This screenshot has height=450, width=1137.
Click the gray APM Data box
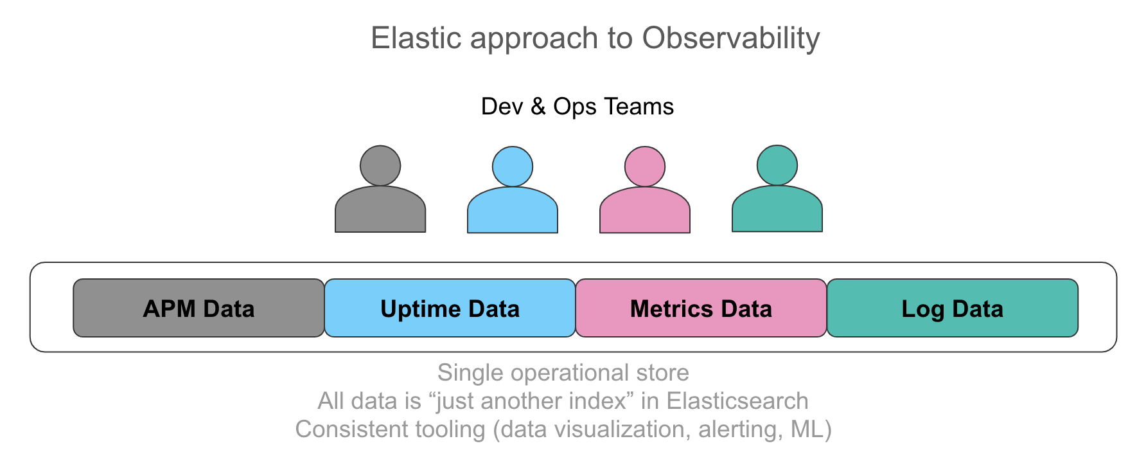coord(198,308)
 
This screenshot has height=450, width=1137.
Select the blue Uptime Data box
coord(450,308)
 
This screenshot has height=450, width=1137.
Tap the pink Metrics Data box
coord(701,308)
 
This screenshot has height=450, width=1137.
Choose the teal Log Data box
coord(952,308)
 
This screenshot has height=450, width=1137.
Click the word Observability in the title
coord(731,39)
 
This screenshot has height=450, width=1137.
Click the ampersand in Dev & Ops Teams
coord(538,107)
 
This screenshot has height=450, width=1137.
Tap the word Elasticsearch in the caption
coord(737,401)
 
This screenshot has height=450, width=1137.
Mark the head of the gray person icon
coord(380,165)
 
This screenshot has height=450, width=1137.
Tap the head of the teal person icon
coord(777,165)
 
